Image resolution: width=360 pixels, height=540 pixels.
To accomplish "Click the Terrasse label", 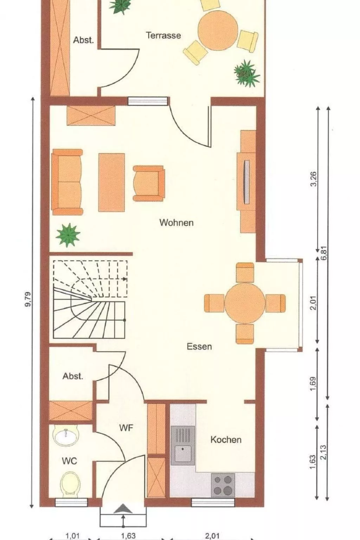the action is [x=163, y=36].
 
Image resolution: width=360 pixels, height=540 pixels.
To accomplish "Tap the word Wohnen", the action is [x=176, y=222].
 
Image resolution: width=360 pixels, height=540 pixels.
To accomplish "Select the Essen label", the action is [x=199, y=346].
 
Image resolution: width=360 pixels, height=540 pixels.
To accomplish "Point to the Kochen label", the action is [x=226, y=439].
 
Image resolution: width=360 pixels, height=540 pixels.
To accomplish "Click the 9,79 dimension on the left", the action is [x=28, y=299].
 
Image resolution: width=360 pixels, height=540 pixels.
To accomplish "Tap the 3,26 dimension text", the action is [x=314, y=179].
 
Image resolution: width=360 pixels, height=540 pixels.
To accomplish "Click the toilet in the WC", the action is [x=70, y=483].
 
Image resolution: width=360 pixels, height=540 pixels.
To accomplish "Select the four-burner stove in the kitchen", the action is [x=223, y=485].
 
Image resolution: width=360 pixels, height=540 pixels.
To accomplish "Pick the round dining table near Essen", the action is [x=245, y=303].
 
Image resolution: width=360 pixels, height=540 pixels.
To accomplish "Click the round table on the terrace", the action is [x=218, y=30].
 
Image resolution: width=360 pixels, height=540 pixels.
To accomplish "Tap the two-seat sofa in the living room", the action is [x=67, y=182].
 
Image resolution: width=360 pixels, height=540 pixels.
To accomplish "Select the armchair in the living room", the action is [x=149, y=183].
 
